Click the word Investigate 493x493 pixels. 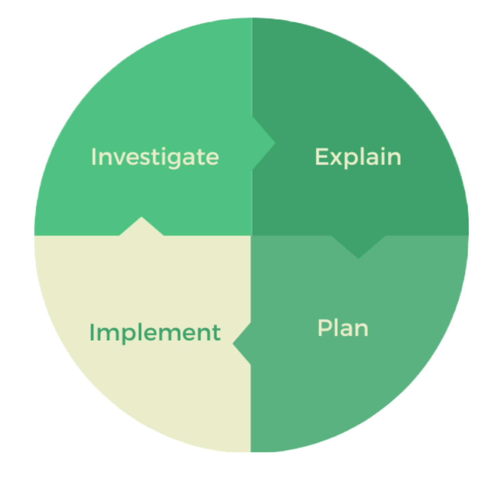(155, 157)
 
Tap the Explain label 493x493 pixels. (358, 157)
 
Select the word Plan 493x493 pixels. (343, 328)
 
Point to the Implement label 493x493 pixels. (155, 332)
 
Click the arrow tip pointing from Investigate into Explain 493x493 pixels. (270, 143)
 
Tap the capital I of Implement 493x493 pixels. (91, 332)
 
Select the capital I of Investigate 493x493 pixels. (93, 157)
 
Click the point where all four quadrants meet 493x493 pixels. (252, 236)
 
